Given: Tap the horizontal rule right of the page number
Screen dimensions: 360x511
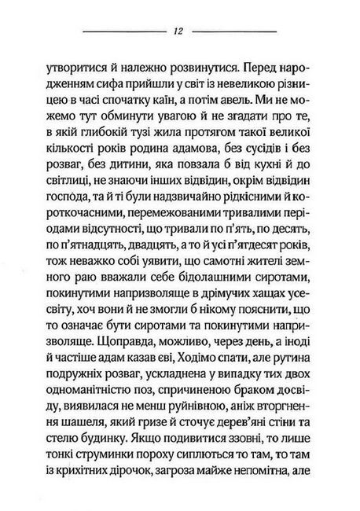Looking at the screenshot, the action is click(x=235, y=31).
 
